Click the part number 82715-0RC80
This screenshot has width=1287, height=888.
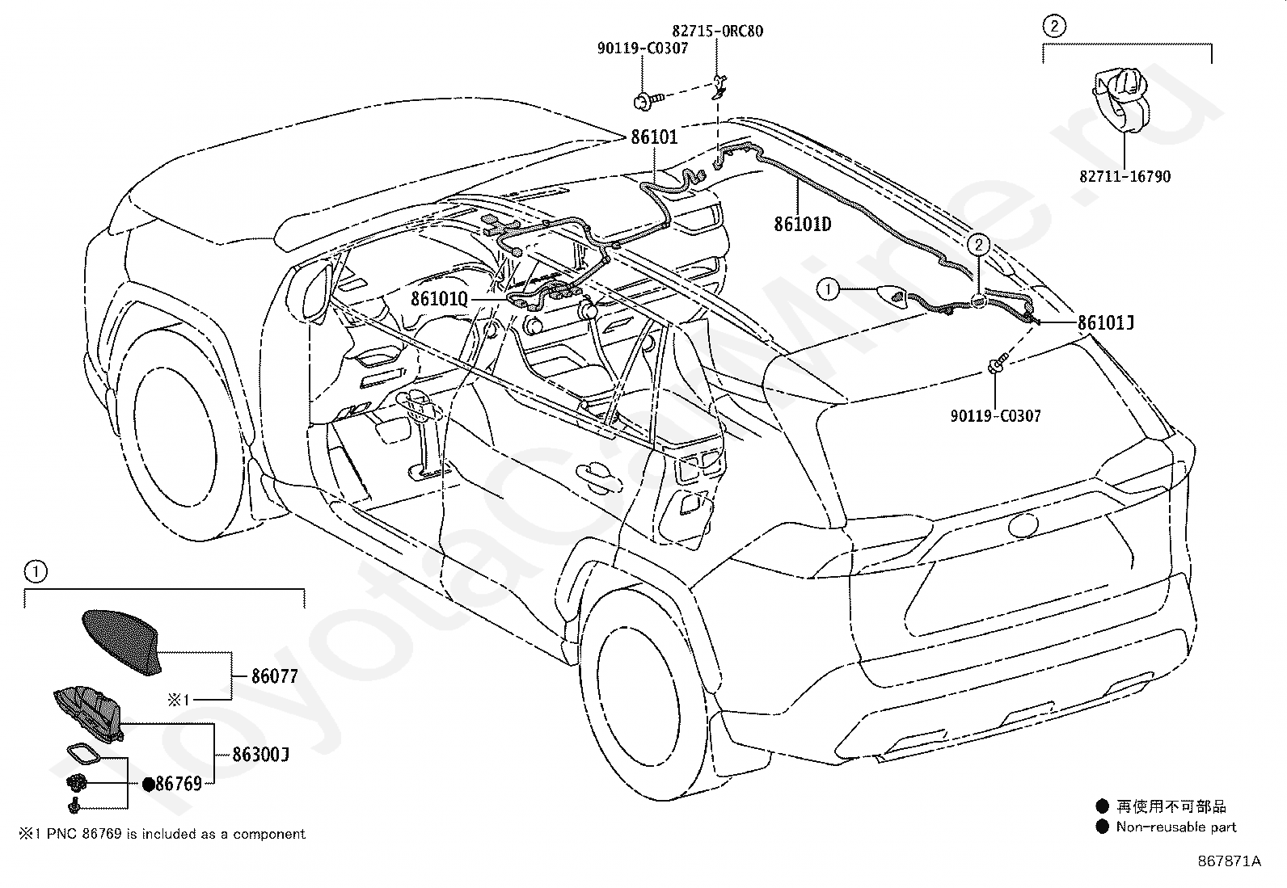click(x=718, y=31)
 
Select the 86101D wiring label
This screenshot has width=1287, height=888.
click(x=802, y=224)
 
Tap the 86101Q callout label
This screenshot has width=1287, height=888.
click(x=440, y=299)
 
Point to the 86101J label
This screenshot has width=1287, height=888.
click(x=1105, y=323)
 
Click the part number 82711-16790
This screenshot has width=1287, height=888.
click(x=1125, y=176)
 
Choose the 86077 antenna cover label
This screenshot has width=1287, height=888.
click(x=275, y=676)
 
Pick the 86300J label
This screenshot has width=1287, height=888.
click(x=260, y=754)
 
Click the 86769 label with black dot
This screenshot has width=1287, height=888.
click(x=172, y=784)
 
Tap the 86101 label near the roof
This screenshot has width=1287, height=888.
click(x=655, y=137)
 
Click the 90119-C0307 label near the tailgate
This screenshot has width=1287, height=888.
click(x=996, y=415)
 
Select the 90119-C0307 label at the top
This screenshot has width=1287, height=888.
click(x=643, y=48)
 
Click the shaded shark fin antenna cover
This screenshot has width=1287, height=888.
click(x=122, y=641)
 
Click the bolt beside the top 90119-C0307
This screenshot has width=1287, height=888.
click(x=648, y=102)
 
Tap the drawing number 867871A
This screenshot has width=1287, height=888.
click(x=1229, y=861)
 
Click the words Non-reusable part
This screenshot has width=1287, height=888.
click(x=1176, y=827)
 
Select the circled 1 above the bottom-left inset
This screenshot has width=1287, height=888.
click(x=36, y=571)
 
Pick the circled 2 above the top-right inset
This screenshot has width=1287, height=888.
click(x=1053, y=27)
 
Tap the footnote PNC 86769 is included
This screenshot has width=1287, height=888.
click(x=162, y=833)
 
